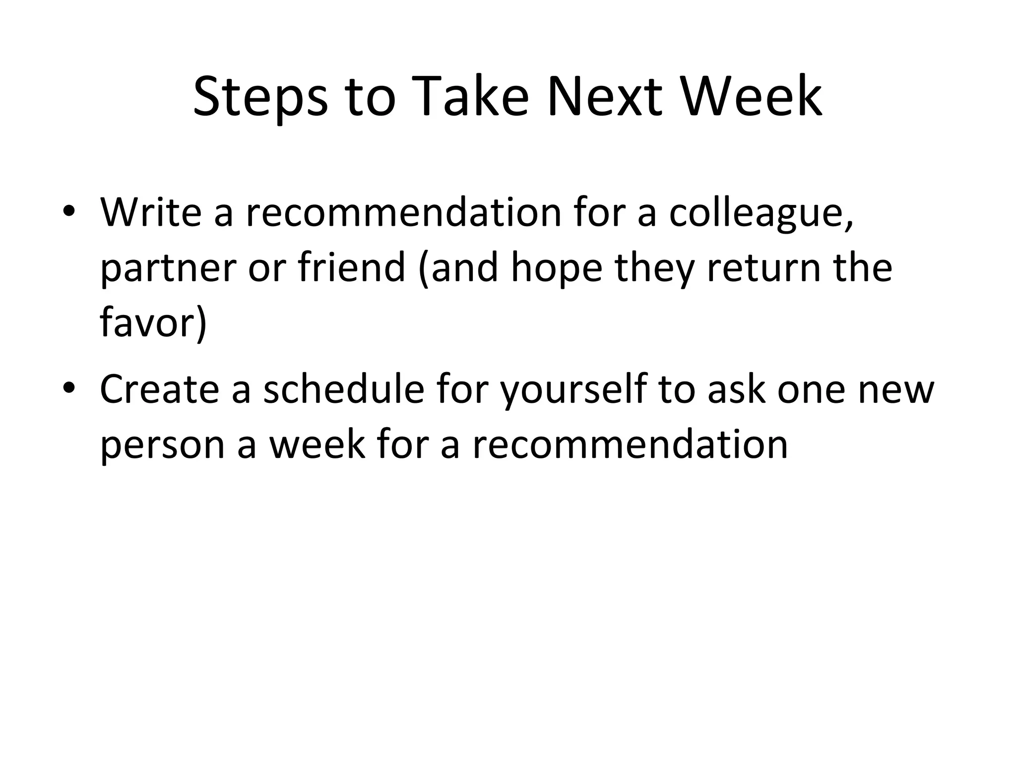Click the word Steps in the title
point(260,97)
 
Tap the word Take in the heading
point(469,97)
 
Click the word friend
point(351,267)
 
